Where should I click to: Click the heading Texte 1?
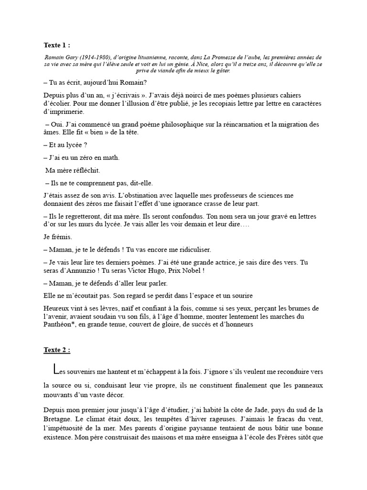tap(56, 45)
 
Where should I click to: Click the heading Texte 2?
tap(56, 350)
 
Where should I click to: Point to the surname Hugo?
tap(151, 270)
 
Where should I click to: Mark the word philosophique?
tap(182, 125)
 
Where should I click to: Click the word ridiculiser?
tap(190, 250)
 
